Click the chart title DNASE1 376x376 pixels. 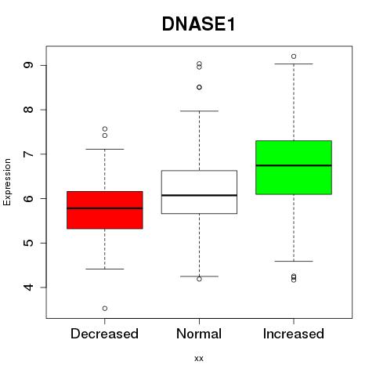[x=198, y=24]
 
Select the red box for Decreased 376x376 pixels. [x=105, y=210]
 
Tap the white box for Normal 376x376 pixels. [x=199, y=192]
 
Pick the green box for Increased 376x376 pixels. [x=294, y=168]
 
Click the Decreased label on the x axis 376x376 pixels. [x=104, y=334]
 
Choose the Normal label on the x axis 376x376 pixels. [x=199, y=334]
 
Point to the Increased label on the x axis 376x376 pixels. [x=294, y=334]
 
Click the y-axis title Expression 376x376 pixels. [x=7, y=182]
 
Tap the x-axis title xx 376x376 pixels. [x=199, y=359]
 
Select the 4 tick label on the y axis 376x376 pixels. [x=28, y=287]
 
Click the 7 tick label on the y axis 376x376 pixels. [x=28, y=154]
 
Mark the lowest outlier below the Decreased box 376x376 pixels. [x=105, y=309]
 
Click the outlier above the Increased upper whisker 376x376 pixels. [x=294, y=56]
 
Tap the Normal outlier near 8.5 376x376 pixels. [x=199, y=87]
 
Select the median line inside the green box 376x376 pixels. [x=294, y=165]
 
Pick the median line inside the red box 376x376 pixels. [x=105, y=208]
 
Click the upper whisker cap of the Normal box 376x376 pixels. [x=199, y=111]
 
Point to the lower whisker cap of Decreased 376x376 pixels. [x=105, y=269]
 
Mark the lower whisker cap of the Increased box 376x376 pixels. [x=294, y=261]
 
